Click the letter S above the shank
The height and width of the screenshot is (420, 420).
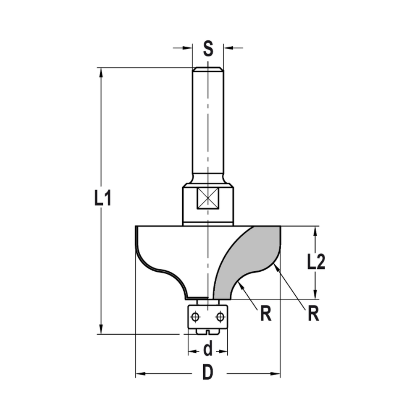[x=208, y=49]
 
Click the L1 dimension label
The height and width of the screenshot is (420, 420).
[x=102, y=198]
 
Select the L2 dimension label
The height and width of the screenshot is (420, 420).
[x=316, y=262]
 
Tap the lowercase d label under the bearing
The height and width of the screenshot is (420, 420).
[x=207, y=348]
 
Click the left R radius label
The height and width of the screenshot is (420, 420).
[x=265, y=314]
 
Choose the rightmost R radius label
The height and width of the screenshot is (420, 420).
[x=312, y=314]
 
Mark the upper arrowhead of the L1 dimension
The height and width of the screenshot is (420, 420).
[x=101, y=72]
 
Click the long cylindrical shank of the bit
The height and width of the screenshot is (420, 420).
[x=208, y=126]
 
